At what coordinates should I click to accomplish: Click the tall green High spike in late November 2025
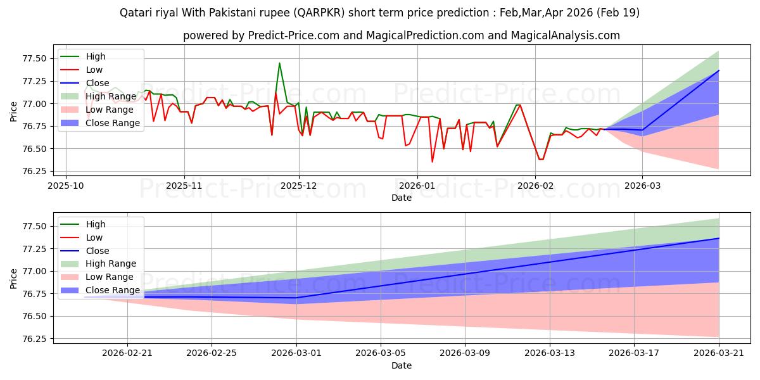(279, 63)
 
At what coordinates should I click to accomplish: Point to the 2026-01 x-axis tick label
(417, 186)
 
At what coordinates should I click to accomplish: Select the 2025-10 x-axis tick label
(66, 186)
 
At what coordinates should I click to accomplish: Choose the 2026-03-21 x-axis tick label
(719, 353)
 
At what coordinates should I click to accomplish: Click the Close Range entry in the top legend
(100, 123)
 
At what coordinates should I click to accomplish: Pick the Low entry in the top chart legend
(82, 70)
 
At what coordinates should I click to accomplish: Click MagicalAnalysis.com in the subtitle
(565, 35)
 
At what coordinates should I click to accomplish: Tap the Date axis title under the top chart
(402, 198)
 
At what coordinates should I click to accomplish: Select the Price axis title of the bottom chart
(13, 279)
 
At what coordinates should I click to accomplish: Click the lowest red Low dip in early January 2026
(432, 162)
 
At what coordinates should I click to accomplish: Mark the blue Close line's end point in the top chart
(719, 70)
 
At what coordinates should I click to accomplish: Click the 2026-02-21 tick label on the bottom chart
(127, 353)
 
